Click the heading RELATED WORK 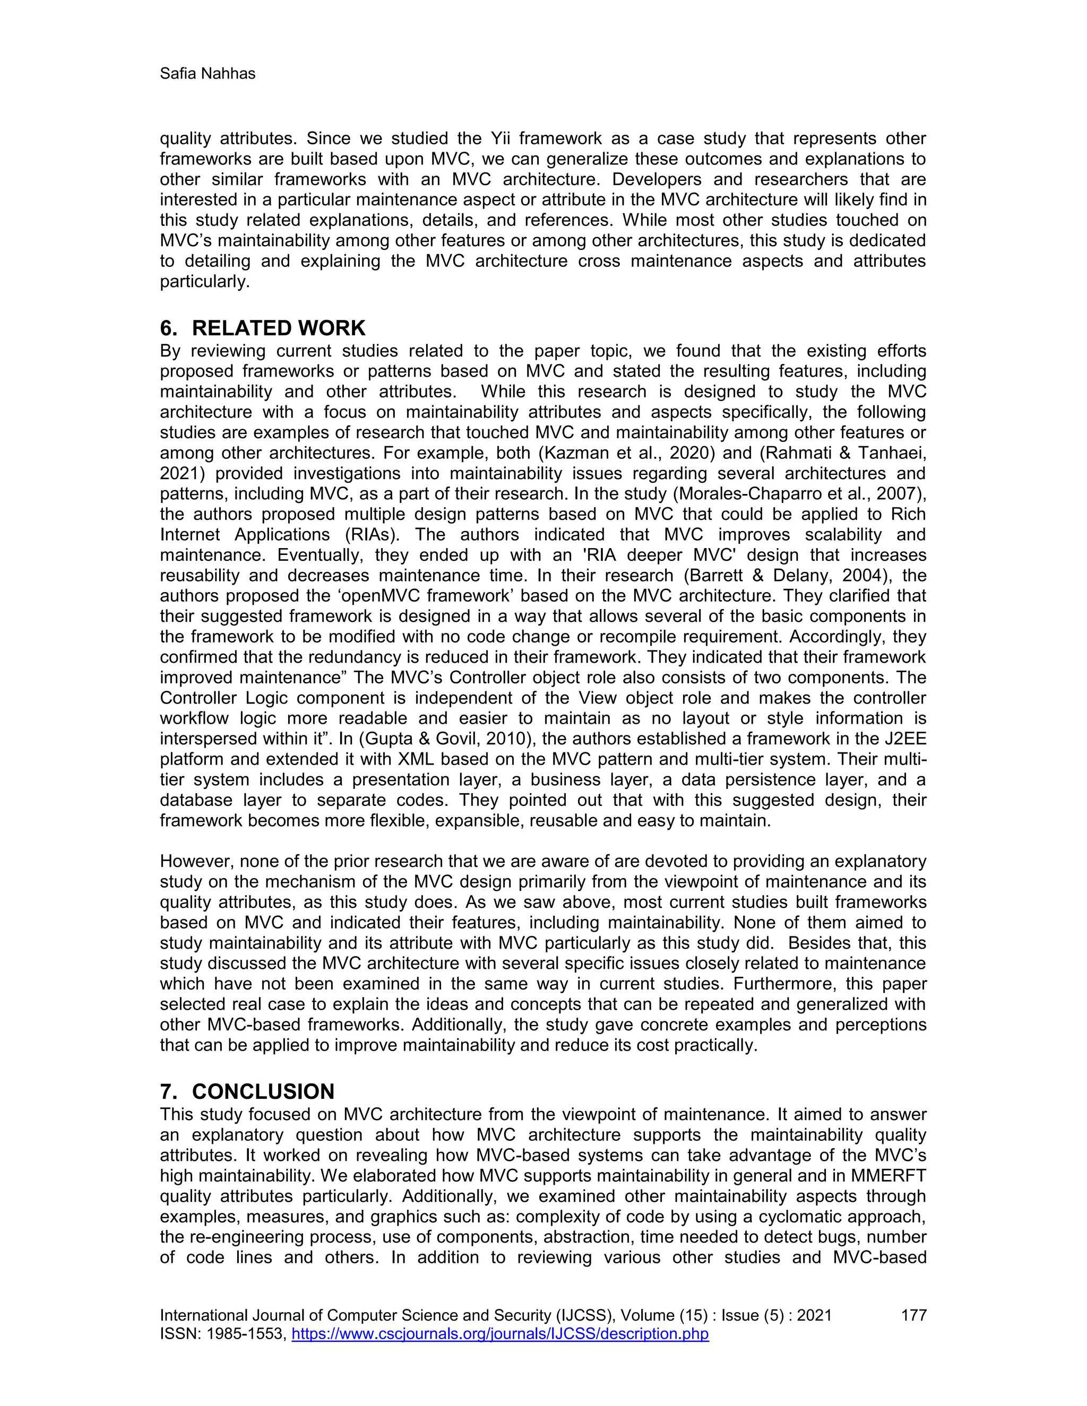pyautogui.click(x=278, y=328)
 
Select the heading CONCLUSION pyautogui.click(x=263, y=1092)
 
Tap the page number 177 pyautogui.click(x=913, y=1315)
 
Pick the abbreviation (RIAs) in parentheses pyautogui.click(x=368, y=535)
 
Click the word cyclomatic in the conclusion pyautogui.click(x=801, y=1217)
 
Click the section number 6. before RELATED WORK pyautogui.click(x=168, y=328)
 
